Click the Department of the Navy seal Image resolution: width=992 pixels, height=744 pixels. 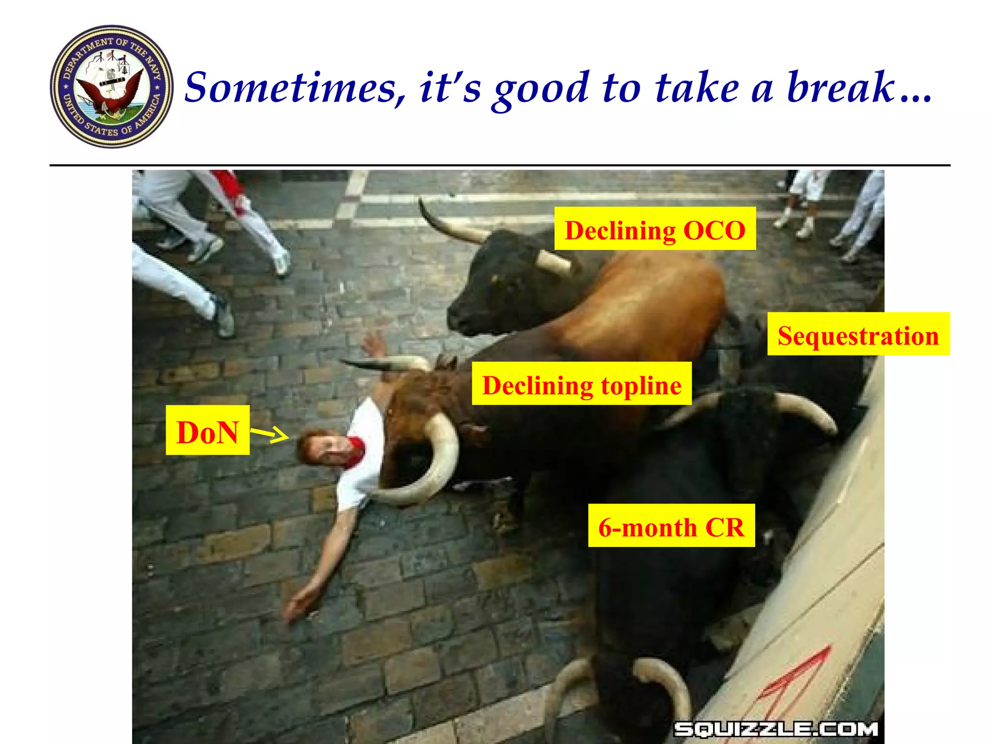tap(112, 87)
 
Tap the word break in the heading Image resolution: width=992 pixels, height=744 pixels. tap(840, 88)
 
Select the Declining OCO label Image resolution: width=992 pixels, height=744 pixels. tap(655, 229)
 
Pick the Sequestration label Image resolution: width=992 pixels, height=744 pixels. tap(858, 335)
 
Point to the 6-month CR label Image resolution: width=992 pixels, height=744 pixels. tap(671, 526)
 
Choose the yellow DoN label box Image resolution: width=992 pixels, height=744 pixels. tap(207, 431)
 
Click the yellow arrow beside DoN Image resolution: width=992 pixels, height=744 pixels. tap(270, 434)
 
